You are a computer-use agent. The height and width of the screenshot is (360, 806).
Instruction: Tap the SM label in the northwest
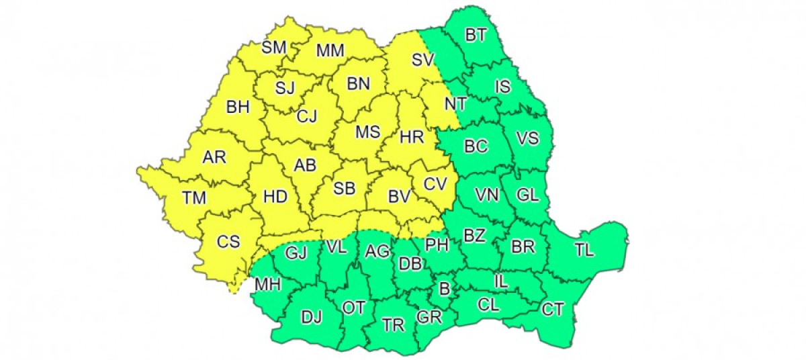pos(273,47)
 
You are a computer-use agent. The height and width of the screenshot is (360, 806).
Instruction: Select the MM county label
pos(330,50)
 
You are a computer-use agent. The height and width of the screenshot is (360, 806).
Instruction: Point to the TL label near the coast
pos(584,251)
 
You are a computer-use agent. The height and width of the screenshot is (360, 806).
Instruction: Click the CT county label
pos(553,309)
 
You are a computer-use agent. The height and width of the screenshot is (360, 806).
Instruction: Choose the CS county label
pos(228,242)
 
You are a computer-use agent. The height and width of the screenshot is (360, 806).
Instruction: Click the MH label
pos(267,285)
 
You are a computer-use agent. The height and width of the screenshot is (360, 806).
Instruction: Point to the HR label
pos(411,138)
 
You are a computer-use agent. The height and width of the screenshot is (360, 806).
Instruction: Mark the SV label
pos(423,60)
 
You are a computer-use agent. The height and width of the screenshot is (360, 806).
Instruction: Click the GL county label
pos(527,195)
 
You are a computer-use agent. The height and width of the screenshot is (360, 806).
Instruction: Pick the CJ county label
pos(306,116)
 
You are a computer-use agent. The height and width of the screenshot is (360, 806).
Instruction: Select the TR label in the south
pos(393,325)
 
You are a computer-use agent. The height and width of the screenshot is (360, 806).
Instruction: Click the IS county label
pos(502,86)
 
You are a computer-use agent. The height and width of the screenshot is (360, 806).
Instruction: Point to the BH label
pos(237,106)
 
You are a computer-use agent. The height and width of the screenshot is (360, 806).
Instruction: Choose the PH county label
pos(437,245)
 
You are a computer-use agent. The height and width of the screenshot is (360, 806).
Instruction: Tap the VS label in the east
pos(527,138)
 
